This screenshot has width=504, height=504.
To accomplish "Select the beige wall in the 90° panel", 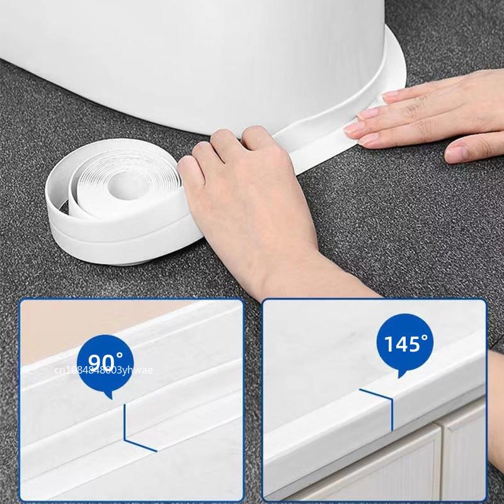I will (57, 328).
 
